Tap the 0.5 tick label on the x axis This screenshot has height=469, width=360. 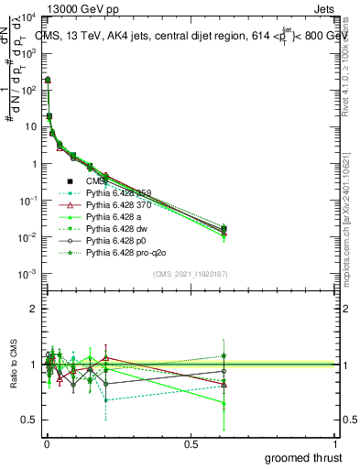(x=191, y=444)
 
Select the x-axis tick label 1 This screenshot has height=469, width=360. (x=334, y=444)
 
